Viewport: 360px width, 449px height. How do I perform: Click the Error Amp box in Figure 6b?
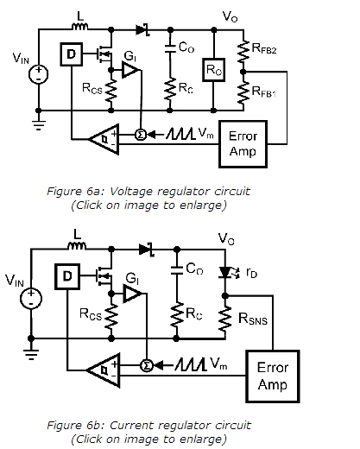[273, 375]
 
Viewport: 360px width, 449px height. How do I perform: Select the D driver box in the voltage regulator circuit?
[70, 56]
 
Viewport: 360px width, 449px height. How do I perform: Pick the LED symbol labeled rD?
[227, 273]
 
